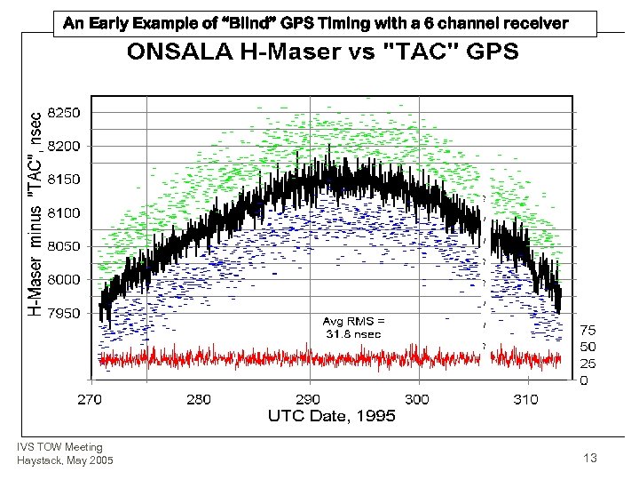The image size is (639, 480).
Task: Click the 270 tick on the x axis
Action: [x=90, y=399]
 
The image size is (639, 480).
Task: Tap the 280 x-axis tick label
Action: [x=199, y=399]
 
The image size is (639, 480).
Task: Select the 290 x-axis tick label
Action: [x=308, y=399]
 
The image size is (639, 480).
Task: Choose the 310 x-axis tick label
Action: [x=526, y=399]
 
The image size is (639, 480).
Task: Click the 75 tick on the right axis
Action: [x=589, y=329]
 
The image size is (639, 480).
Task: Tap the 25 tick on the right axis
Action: [x=589, y=364]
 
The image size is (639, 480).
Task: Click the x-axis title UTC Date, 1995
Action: [x=332, y=416]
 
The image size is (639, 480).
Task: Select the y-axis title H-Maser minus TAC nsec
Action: [x=34, y=213]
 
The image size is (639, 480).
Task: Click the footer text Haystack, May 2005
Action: [x=65, y=459]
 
